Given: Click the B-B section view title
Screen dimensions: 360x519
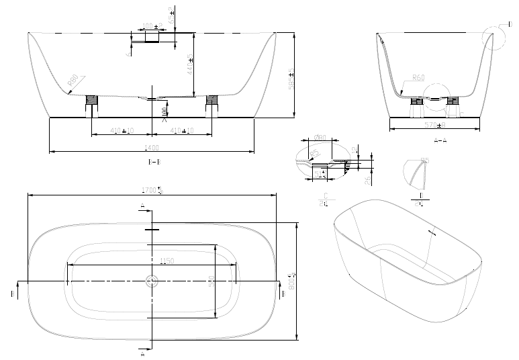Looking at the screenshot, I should click(154, 162).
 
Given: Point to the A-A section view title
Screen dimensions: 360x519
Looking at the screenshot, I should click(440, 140).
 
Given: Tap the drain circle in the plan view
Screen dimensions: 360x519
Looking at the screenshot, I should click(152, 281).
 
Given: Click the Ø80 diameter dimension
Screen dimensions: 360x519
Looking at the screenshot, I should click(320, 138).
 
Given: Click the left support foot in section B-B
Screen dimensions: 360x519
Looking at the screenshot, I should click(93, 103).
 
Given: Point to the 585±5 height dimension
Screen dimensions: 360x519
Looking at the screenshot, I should click(291, 79).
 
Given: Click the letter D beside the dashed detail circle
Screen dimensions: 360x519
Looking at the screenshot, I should click(510, 24).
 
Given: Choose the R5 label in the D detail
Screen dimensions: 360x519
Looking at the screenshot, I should click(424, 161).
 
